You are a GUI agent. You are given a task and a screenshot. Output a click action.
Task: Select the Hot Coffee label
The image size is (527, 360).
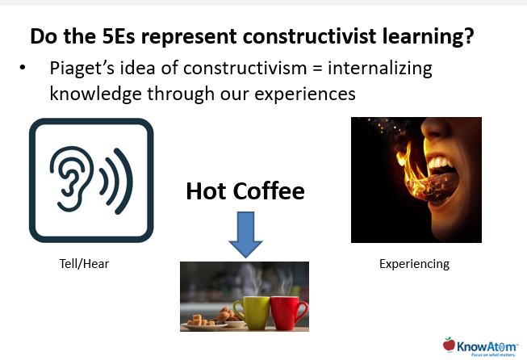[x=245, y=190]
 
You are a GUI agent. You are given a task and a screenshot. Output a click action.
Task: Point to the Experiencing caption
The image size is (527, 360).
[x=414, y=263]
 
